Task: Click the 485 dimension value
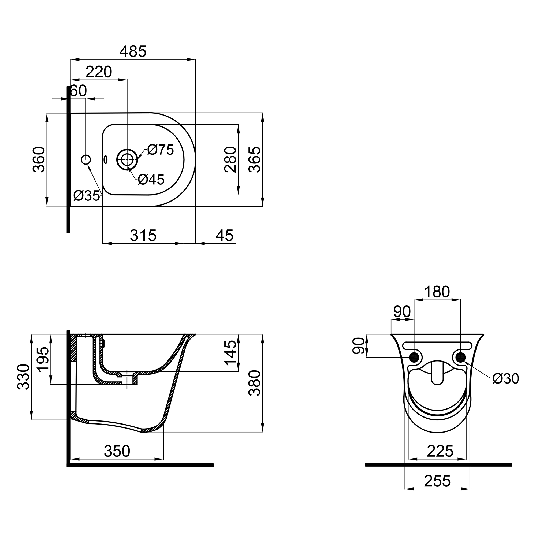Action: tap(133, 51)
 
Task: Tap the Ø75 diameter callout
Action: tap(160, 150)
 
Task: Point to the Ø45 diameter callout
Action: tap(151, 180)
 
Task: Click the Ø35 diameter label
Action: tap(87, 196)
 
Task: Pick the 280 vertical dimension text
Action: tap(230, 159)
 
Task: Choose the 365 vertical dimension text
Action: tap(255, 159)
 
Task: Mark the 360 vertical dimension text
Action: tap(39, 159)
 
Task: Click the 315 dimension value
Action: tap(143, 235)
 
